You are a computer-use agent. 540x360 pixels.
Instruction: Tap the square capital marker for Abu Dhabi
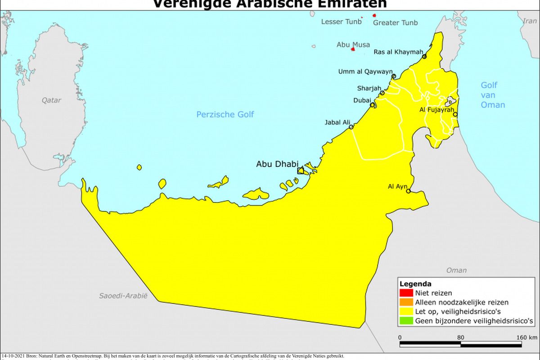(300, 171)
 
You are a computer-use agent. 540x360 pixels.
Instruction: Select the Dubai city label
(362, 100)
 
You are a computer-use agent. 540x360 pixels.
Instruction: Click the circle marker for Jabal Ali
(351, 127)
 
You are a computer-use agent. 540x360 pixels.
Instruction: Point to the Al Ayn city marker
(409, 191)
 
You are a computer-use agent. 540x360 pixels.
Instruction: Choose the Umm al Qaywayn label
(365, 72)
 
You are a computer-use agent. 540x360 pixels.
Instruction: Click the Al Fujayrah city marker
(455, 114)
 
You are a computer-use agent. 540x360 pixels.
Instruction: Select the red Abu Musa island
(353, 49)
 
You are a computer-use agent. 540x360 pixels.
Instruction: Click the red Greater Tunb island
(374, 15)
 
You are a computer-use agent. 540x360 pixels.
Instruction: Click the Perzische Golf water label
(225, 114)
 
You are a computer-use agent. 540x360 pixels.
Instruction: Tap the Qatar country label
(51, 100)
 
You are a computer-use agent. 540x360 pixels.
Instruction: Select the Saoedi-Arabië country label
(123, 296)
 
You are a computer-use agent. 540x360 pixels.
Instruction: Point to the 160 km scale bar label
(526, 337)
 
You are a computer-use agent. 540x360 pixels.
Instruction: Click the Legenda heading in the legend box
(415, 284)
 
